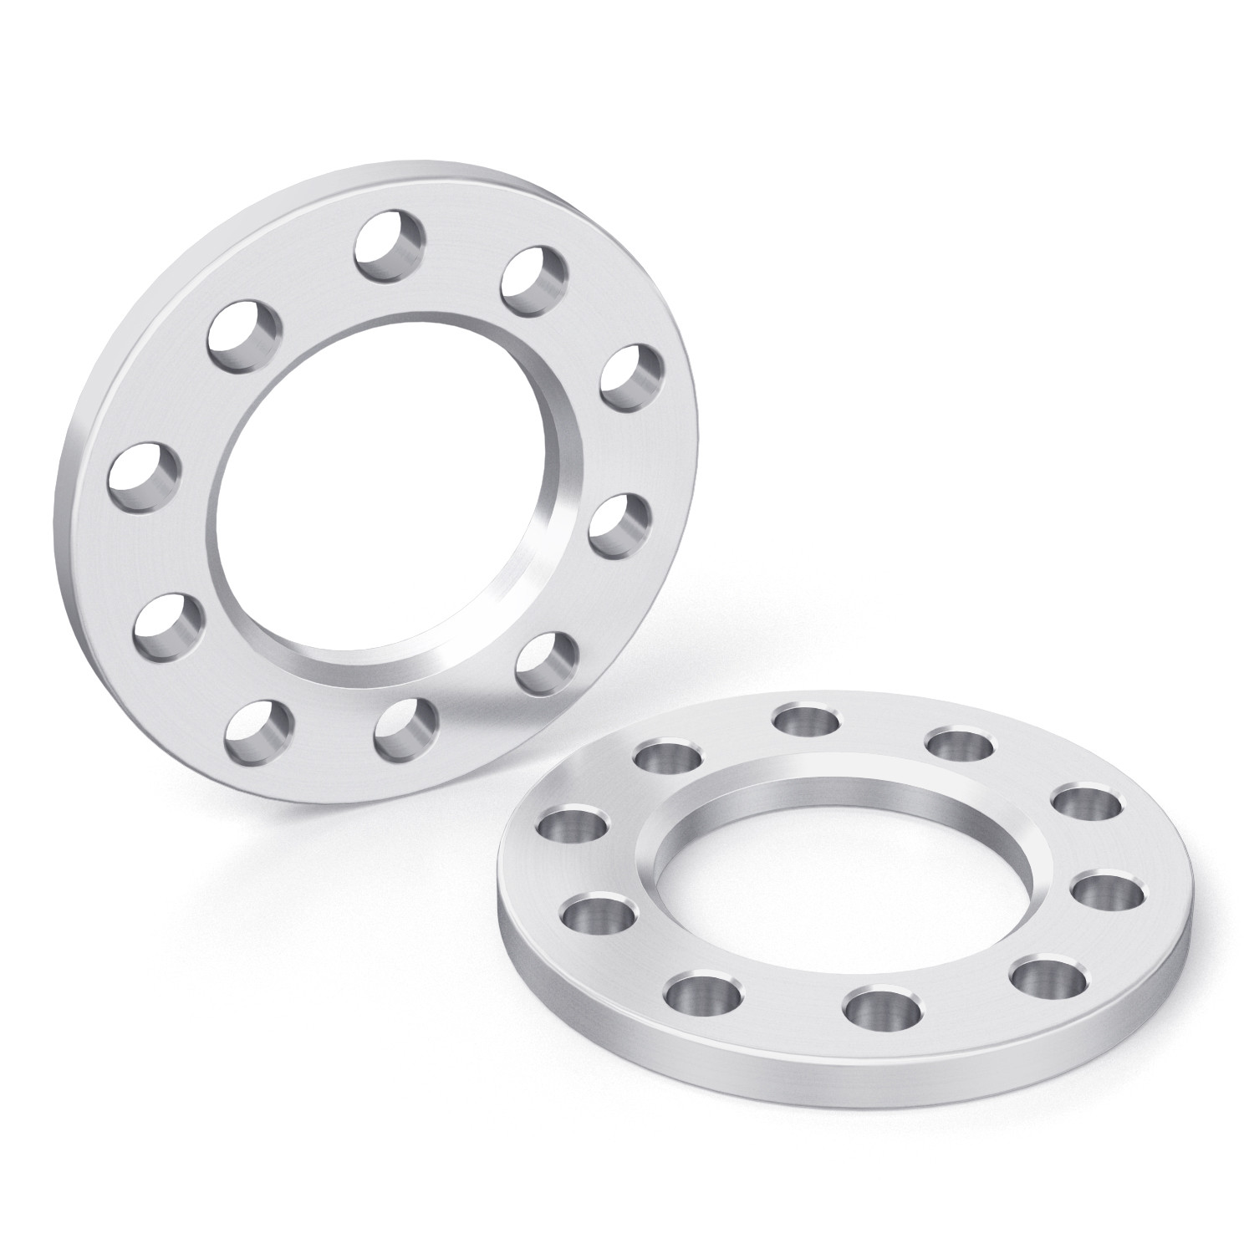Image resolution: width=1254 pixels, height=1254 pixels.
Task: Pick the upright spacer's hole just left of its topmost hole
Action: coord(242,339)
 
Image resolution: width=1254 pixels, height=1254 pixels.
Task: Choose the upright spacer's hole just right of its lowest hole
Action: coord(407,726)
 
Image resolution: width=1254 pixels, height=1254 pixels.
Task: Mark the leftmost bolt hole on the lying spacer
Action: coord(572,825)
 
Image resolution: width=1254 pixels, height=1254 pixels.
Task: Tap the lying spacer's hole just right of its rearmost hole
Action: coord(961,742)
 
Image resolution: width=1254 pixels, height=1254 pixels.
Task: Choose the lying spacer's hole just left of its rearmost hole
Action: coord(667,757)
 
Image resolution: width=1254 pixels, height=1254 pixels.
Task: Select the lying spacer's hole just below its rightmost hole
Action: coord(1049,978)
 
